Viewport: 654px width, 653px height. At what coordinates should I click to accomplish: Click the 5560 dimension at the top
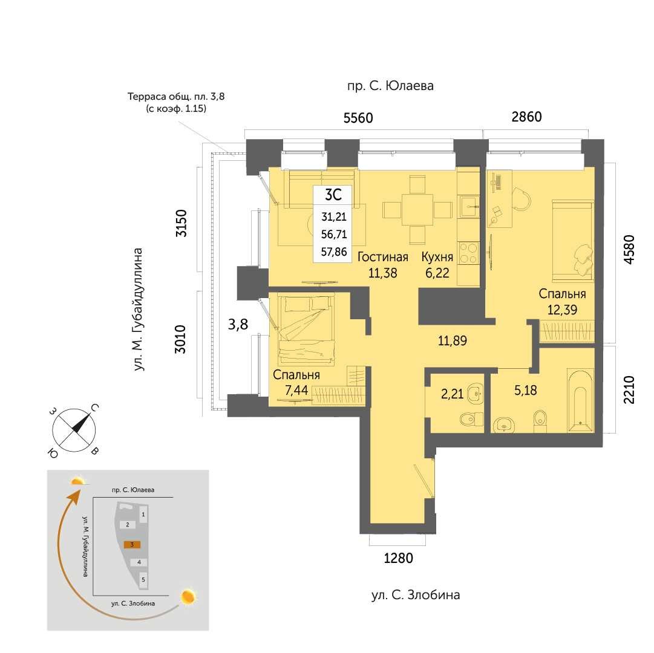coord(358,118)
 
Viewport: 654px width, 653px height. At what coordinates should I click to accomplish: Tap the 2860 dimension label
coord(526,117)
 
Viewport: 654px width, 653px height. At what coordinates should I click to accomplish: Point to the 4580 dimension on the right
coord(629,249)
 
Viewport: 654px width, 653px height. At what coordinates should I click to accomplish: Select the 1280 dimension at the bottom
coord(398,557)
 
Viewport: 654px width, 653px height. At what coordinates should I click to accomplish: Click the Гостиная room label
coord(383,257)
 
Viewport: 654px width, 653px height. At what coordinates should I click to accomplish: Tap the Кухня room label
coord(437,257)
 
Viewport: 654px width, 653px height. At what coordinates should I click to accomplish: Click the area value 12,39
coord(562,310)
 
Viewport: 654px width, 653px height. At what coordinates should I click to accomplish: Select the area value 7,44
coord(296,390)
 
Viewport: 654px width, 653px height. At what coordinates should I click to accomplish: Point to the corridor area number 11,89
coord(452,340)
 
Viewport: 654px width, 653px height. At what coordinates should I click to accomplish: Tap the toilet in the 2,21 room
coord(471,419)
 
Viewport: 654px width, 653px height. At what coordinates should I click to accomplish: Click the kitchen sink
coord(470,206)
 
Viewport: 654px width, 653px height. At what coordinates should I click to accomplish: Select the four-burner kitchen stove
coord(468,253)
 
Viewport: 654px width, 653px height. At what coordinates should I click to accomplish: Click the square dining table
coord(417,210)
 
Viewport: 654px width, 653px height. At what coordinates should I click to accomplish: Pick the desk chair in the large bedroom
coord(522,198)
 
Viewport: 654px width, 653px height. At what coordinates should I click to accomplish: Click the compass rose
coord(74,430)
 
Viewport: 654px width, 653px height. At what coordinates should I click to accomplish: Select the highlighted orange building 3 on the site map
coord(132,544)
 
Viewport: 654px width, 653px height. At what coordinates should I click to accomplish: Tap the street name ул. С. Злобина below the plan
coord(416,595)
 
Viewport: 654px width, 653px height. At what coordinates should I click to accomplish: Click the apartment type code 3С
coord(333,195)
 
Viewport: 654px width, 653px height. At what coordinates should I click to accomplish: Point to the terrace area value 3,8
coord(238,324)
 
